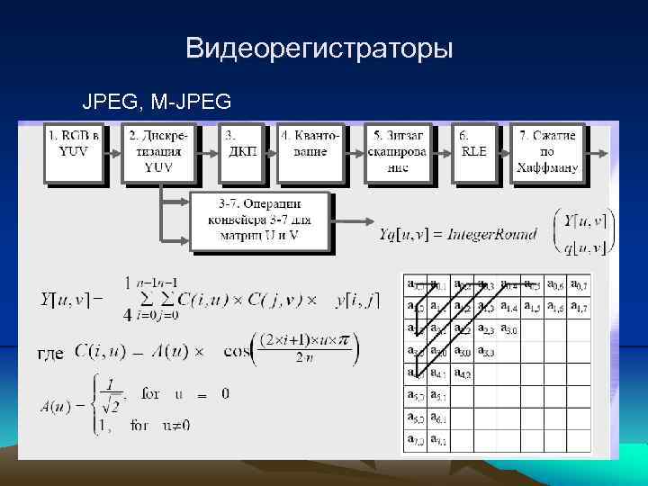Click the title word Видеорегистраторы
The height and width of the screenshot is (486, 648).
coord(319,47)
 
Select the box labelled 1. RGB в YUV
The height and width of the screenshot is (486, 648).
coord(74,150)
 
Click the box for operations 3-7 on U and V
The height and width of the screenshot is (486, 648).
coord(260,220)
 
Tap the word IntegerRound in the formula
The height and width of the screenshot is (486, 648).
coord(495,235)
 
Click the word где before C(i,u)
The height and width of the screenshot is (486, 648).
coord(49,352)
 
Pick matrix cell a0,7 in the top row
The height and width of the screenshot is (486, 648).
coord(580,285)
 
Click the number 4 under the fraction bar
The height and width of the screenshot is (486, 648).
coord(127,316)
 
